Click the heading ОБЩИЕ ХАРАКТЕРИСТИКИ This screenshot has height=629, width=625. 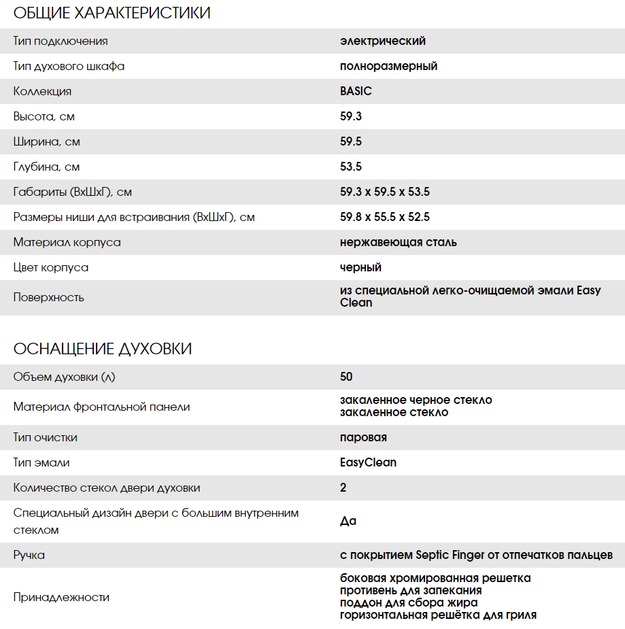point(112,13)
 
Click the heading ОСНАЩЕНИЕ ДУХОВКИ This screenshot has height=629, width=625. point(103,349)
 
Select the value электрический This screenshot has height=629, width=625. point(383,41)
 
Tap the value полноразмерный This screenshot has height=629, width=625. point(388,66)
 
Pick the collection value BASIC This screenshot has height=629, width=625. point(356,91)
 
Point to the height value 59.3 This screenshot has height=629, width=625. point(351,116)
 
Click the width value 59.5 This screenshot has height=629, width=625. point(351,141)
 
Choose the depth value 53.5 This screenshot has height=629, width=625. point(351,167)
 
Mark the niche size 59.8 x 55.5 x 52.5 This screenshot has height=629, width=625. point(385,217)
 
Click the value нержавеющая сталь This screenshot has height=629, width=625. point(399,242)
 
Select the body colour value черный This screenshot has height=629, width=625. point(360,267)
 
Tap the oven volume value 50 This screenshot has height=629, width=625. point(346,377)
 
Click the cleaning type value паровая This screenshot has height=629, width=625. point(363,437)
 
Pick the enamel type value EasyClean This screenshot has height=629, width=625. point(368,462)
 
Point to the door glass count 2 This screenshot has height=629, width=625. point(343,488)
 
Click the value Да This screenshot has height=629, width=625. point(348,522)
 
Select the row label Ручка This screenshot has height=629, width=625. point(29,555)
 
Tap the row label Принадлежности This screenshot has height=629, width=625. point(61,597)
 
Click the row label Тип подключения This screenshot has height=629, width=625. point(61,41)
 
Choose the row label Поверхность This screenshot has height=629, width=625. point(49,297)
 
